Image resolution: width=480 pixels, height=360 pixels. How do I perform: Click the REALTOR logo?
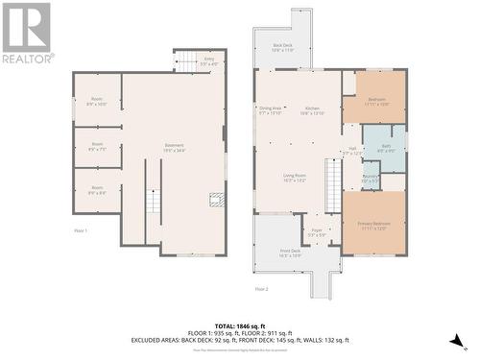tap(27, 34)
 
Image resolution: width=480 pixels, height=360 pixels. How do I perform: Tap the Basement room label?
tap(174, 146)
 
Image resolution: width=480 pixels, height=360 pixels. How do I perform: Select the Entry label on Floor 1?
tap(208, 61)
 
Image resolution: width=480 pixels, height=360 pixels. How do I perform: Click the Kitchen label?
tap(312, 110)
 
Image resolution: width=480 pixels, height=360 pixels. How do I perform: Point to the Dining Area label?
tap(271, 110)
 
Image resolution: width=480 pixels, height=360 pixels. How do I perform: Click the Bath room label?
tap(385, 149)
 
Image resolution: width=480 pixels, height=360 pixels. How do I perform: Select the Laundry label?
tap(370, 179)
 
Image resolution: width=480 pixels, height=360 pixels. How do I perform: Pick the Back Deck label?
tap(282, 47)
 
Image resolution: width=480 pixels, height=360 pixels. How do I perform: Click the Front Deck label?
tap(290, 253)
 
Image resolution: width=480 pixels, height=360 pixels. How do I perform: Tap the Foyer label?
tap(316, 231)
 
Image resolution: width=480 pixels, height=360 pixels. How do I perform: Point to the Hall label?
tap(351, 151)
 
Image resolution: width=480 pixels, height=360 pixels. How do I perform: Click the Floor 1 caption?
tap(81, 230)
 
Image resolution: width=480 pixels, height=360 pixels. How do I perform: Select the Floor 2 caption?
tap(261, 288)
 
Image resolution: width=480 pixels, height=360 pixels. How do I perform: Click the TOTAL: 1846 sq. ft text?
tap(240, 327)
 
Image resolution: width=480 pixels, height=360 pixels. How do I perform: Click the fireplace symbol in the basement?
tap(217, 200)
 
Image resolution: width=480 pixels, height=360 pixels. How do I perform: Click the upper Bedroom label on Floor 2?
tap(377, 101)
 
